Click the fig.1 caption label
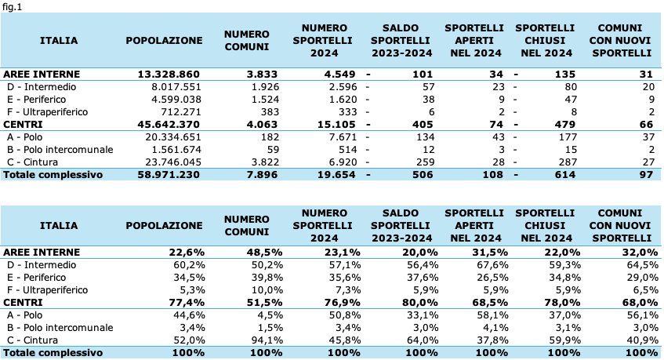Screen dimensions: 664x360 pos(12,7)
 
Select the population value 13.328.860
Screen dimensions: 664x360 pos(169,74)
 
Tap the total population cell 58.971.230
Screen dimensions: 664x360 pos(169,174)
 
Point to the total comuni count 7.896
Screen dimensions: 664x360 pos(262,174)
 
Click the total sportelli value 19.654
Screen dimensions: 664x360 pos(336,174)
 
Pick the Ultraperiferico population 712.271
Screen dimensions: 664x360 pos(181,112)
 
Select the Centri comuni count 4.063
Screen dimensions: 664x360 pos(262,125)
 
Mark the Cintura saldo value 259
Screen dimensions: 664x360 pos(425,162)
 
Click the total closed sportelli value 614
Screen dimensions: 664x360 pos(565,174)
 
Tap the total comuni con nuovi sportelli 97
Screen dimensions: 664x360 pos(646,174)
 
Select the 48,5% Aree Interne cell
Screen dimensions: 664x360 pos(265,252)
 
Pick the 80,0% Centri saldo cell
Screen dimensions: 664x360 pos(420,303)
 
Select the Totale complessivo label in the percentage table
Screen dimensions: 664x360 pos(53,353)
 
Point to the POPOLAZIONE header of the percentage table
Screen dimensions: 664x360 pos(164,226)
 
